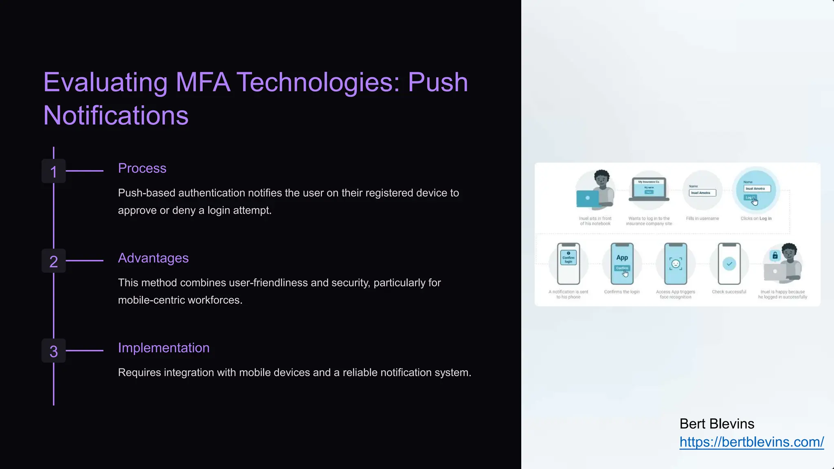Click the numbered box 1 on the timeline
tap(53, 171)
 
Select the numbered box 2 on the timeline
tap(53, 261)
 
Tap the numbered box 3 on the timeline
tap(53, 351)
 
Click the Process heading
tap(142, 168)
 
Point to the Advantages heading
tap(153, 258)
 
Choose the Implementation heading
tap(164, 348)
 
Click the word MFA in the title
tap(202, 82)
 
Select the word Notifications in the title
tap(116, 115)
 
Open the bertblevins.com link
tap(751, 442)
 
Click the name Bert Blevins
tap(717, 424)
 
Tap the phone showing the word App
tap(622, 263)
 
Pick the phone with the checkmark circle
tap(729, 263)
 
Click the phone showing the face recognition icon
tap(676, 263)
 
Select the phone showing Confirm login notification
tap(568, 263)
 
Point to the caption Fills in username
tap(702, 219)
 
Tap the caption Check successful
tap(729, 292)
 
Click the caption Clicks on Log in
tap(756, 219)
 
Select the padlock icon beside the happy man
tap(775, 256)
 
